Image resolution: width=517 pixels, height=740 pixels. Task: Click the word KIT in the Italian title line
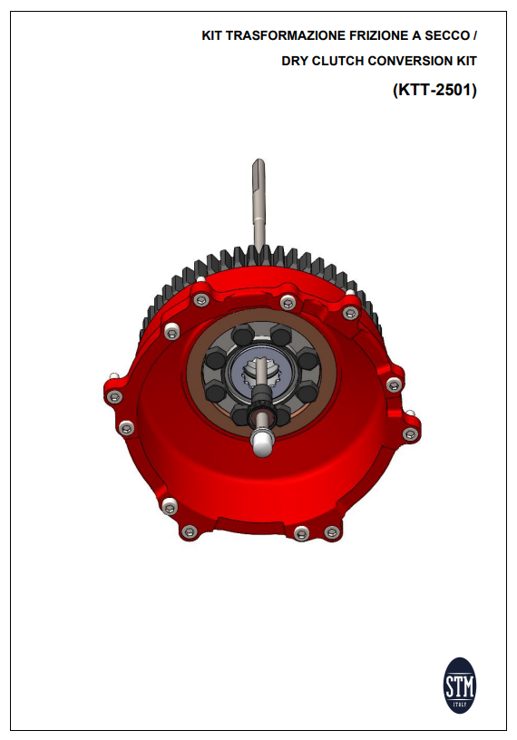coord(211,37)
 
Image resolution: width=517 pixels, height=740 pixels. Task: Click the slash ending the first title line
coord(474,37)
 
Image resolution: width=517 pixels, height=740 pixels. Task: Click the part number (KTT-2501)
coord(434,91)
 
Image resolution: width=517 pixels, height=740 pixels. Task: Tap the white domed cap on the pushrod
coord(261,442)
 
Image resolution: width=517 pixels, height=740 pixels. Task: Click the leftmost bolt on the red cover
coord(114,395)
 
